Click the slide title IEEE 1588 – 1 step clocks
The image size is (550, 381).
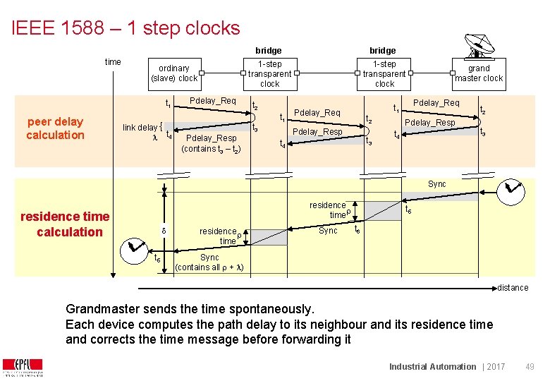126,28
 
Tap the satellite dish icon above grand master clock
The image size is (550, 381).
477,47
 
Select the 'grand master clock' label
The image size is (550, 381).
479,73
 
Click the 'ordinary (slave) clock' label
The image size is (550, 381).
174,73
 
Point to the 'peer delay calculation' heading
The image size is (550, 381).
55,128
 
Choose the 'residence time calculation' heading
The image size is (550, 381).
66,224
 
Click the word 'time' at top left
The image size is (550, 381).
113,62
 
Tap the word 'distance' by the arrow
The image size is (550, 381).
513,288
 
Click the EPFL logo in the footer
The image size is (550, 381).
22,367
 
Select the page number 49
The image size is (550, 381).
530,367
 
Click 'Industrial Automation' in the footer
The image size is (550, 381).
433,367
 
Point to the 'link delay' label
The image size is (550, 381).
140,127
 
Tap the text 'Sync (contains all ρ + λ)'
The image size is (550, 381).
209,262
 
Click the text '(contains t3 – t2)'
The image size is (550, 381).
211,150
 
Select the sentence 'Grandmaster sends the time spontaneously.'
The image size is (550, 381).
189,309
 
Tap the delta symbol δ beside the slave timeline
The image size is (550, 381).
164,231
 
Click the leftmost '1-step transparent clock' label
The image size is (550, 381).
269,74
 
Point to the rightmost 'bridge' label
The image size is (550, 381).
383,51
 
